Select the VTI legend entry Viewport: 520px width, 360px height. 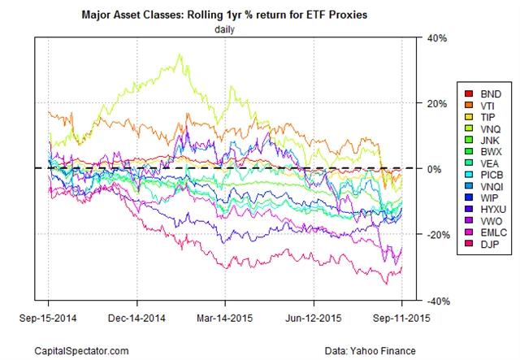[483, 106]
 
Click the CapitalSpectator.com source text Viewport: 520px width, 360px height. [82, 349]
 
